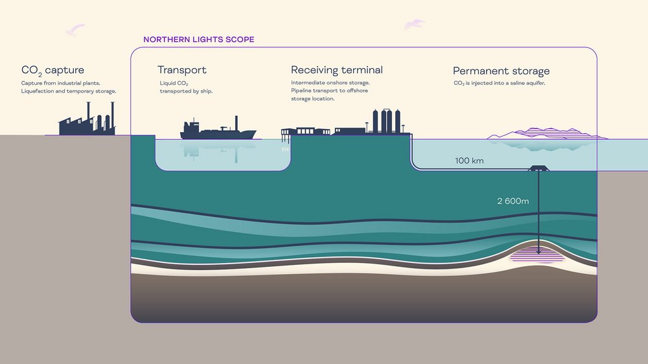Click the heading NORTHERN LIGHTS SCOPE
(199, 40)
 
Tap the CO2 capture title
(52, 71)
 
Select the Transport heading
(182, 70)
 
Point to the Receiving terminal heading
(337, 70)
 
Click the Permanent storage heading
(502, 71)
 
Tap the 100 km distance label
(469, 161)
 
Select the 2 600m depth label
(513, 201)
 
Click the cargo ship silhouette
(218, 130)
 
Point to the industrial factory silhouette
(87, 120)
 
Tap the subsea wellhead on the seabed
(538, 168)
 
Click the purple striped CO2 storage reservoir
(537, 255)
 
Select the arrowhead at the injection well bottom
(538, 251)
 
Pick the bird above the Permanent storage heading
(415, 25)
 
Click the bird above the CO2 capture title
(75, 30)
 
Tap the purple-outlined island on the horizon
(546, 133)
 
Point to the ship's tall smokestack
(237, 123)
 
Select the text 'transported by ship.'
(186, 91)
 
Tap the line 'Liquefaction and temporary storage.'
(69, 91)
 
